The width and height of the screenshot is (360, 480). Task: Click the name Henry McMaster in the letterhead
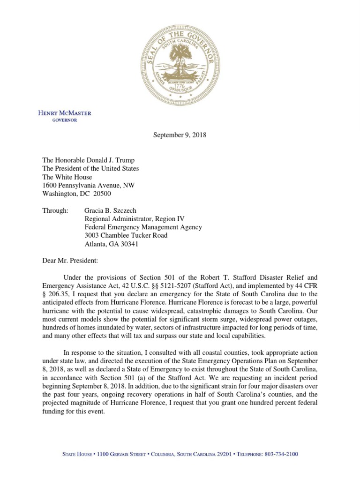(65, 113)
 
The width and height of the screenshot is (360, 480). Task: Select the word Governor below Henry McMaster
(65, 120)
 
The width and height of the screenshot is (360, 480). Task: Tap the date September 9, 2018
(180, 135)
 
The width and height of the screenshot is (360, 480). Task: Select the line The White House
(67, 177)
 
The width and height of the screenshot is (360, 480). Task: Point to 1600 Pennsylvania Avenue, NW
(88, 185)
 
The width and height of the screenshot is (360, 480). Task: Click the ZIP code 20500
(102, 194)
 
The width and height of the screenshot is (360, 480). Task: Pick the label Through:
(55, 210)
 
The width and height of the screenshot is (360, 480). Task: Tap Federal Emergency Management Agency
(143, 227)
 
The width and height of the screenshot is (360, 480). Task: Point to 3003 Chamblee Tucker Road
(125, 236)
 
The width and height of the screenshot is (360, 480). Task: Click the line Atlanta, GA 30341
(111, 244)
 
